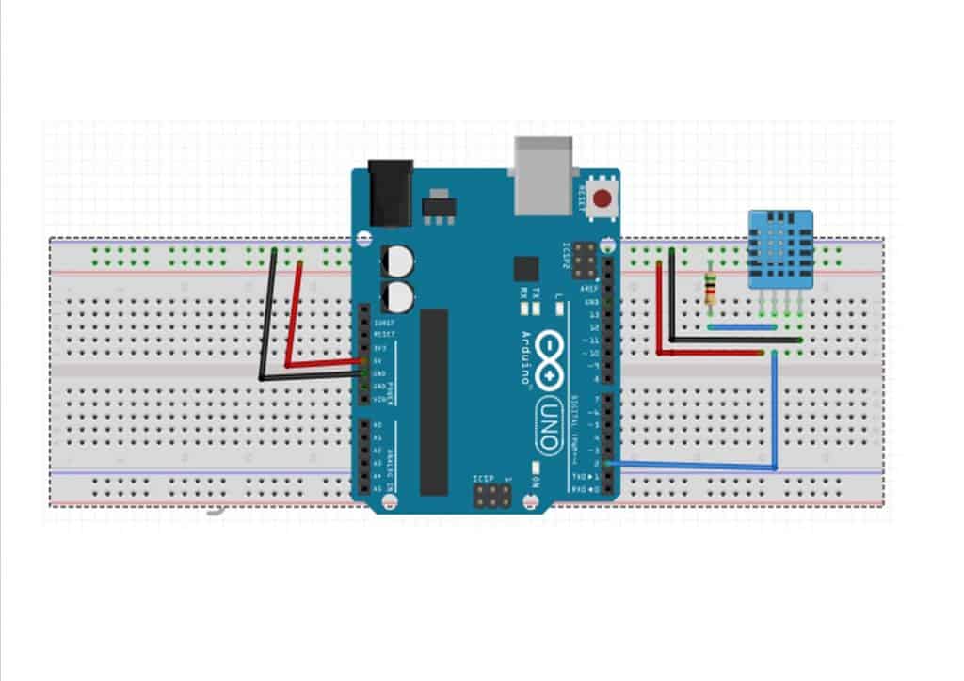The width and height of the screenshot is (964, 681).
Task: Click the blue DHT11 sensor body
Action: (x=777, y=249)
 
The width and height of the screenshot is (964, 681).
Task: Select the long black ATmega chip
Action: (x=433, y=401)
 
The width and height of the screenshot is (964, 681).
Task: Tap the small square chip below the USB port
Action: (x=524, y=267)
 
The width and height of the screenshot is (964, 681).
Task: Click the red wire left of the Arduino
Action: (x=293, y=320)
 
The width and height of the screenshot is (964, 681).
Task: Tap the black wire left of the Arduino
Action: (x=267, y=320)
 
